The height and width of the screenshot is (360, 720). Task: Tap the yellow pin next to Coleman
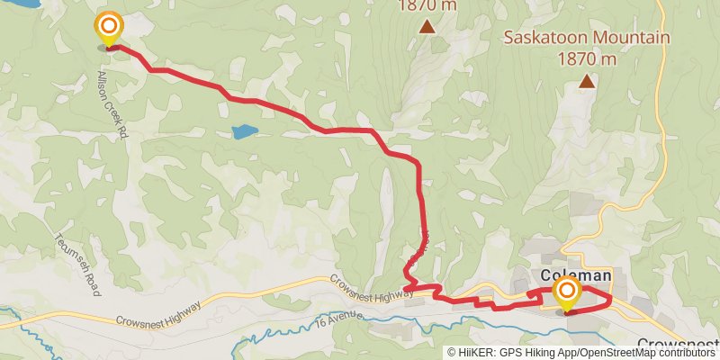[566, 292]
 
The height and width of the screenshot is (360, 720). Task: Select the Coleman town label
[576, 275]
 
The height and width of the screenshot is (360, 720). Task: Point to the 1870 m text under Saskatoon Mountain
[587, 58]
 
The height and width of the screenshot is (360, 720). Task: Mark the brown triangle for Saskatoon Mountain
[587, 82]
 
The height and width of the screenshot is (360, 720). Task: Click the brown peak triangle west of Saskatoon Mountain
[427, 27]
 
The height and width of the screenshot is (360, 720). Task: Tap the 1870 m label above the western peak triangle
[427, 5]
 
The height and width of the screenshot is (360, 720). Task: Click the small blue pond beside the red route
[243, 132]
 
